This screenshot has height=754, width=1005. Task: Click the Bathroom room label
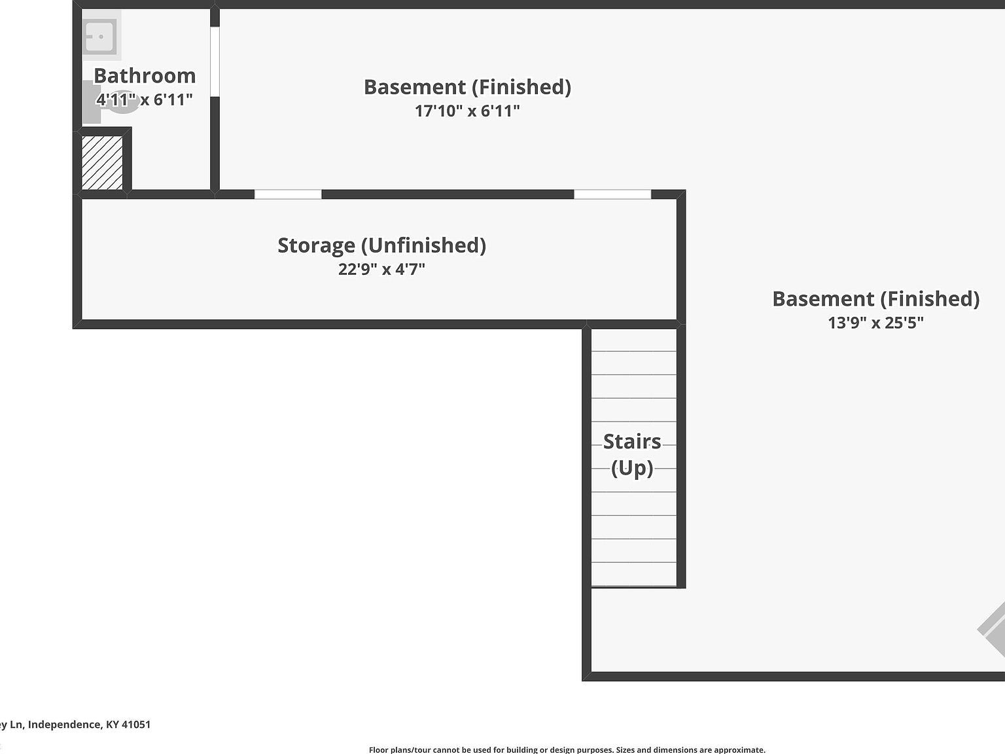[145, 76]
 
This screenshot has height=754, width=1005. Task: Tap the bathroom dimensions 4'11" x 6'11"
[145, 99]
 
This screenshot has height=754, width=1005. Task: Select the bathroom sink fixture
[100, 36]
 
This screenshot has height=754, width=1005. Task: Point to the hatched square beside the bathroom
[102, 162]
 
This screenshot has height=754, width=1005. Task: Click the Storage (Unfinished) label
[381, 245]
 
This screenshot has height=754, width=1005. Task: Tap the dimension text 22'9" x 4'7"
[381, 269]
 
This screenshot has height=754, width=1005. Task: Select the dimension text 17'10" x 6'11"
[467, 111]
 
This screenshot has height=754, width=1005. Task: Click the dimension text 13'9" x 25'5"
[875, 323]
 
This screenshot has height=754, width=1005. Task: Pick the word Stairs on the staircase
[632, 442]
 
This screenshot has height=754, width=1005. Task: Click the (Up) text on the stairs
[632, 468]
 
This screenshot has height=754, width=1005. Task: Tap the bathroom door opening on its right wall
[215, 62]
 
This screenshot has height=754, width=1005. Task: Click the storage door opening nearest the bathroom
[288, 194]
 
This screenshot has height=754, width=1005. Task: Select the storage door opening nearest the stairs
[612, 194]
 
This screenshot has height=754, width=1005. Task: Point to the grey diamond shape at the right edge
[993, 630]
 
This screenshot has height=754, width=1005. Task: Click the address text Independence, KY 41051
[89, 725]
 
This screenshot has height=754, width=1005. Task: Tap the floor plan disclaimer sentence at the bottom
[567, 750]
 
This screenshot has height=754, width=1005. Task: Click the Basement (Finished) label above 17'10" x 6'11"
[467, 87]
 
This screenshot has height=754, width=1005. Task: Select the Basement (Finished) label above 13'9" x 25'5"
[875, 299]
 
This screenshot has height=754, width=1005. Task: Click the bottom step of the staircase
[633, 574]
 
